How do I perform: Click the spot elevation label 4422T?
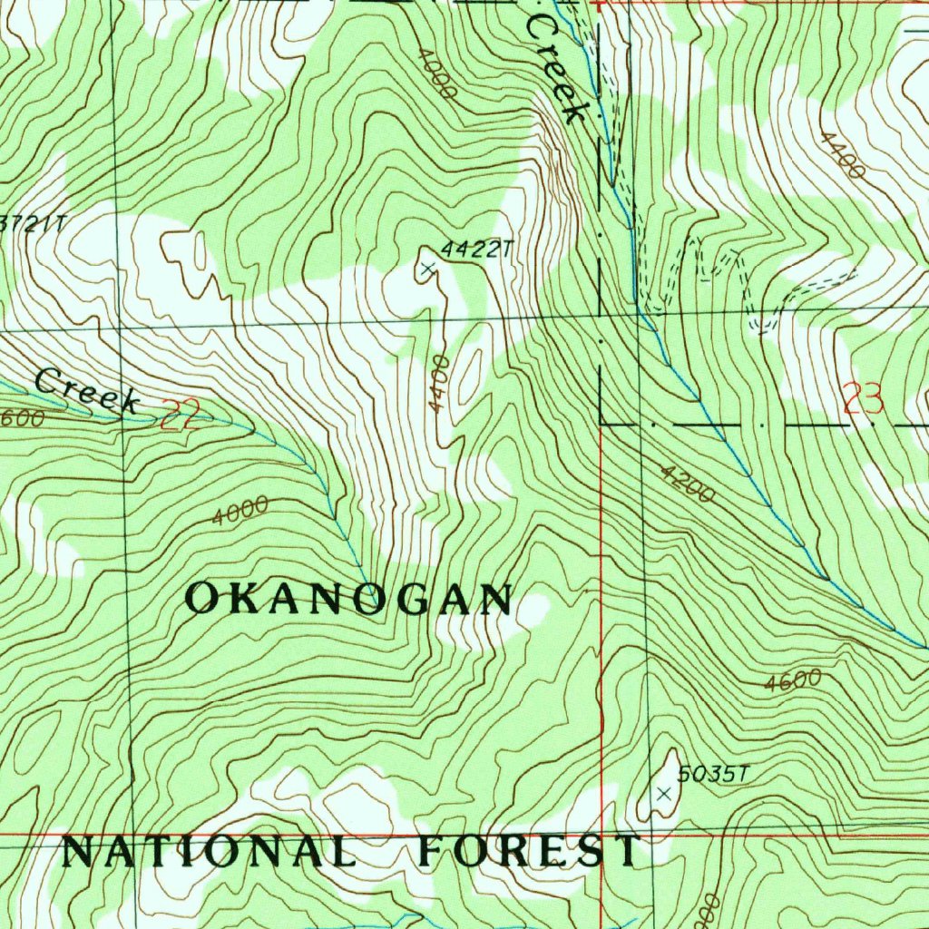[471, 249]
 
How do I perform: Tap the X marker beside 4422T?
[427, 268]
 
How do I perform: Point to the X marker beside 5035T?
[664, 794]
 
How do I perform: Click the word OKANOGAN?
[349, 600]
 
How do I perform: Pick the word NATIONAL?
[208, 852]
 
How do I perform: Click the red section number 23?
[863, 399]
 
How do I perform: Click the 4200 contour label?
[687, 484]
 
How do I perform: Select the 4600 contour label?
[792, 681]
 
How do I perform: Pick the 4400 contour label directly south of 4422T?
[440, 383]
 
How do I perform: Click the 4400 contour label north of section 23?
[840, 153]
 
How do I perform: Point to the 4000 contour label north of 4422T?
[436, 73]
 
